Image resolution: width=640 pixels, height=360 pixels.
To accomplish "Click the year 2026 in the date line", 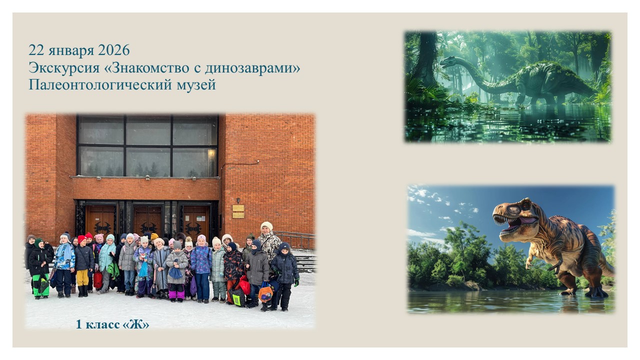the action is [113, 50].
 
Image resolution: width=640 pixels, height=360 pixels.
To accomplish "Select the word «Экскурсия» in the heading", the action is [64, 68].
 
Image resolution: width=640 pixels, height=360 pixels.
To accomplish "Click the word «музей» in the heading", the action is [196, 85].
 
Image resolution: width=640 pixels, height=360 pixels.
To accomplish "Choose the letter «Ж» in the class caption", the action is [136, 324].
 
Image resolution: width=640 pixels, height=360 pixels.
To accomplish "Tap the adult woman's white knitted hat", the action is [266, 226].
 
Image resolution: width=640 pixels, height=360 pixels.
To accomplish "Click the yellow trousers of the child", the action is [82, 277].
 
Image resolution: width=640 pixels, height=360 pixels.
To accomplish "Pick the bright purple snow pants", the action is [176, 294].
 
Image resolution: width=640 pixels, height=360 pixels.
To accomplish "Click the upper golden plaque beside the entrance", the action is [238, 208].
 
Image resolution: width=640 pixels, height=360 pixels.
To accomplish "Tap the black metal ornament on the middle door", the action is [148, 228].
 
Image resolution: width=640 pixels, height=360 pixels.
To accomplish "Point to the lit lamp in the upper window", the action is [211, 153].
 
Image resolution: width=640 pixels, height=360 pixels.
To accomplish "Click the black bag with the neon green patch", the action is [237, 297].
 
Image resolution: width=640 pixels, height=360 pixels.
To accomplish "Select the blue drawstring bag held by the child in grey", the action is [175, 272].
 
